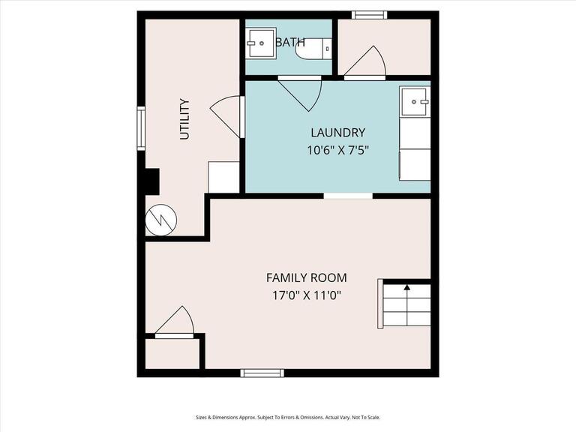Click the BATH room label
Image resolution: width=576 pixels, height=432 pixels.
290,42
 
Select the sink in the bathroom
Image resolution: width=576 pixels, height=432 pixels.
262,43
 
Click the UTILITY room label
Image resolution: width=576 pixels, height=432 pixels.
184,120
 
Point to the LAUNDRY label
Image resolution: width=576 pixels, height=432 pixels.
337,133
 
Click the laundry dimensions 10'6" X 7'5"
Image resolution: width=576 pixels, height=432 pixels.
337,150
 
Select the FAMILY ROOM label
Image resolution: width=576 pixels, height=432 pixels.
307,277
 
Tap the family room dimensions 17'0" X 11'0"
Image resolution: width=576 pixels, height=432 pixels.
307,295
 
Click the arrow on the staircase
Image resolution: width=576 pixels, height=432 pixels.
407,286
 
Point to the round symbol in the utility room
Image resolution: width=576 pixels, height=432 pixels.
160,219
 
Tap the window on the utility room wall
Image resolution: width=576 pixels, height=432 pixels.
141,128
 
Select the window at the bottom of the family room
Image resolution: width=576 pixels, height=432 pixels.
262,373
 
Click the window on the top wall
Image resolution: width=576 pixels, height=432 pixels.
369,14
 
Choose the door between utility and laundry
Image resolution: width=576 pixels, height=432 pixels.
226,117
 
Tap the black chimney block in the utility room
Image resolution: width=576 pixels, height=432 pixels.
151,182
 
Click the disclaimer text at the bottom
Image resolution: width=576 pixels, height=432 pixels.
288,418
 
